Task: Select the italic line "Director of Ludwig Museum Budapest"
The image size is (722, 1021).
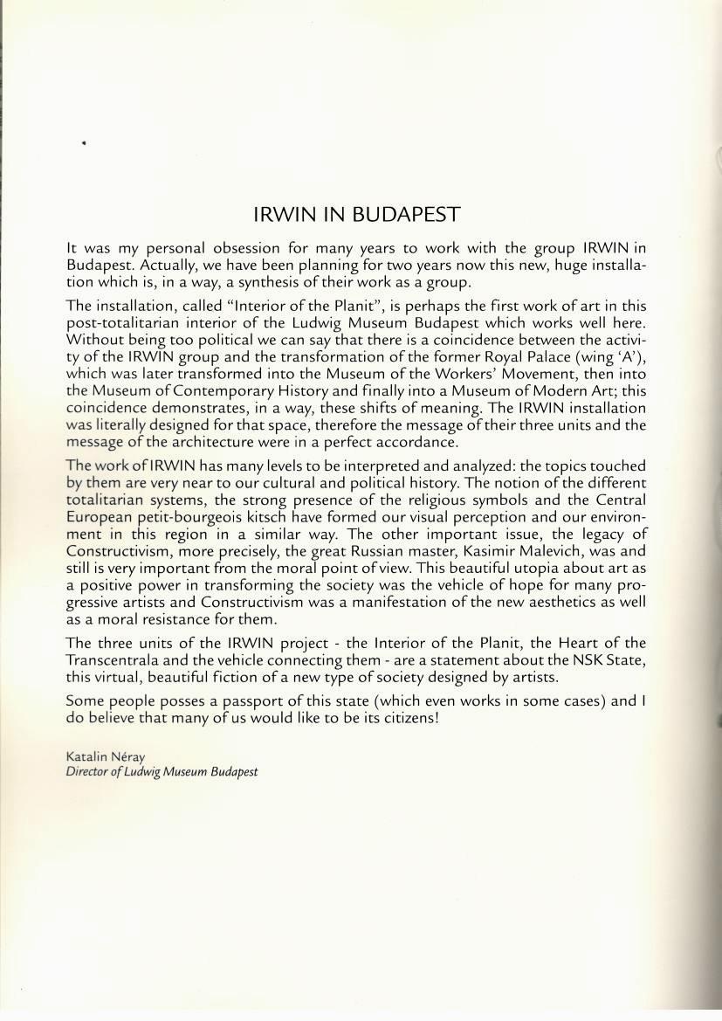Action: (x=162, y=772)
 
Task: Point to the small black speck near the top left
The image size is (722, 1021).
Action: (x=84, y=142)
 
